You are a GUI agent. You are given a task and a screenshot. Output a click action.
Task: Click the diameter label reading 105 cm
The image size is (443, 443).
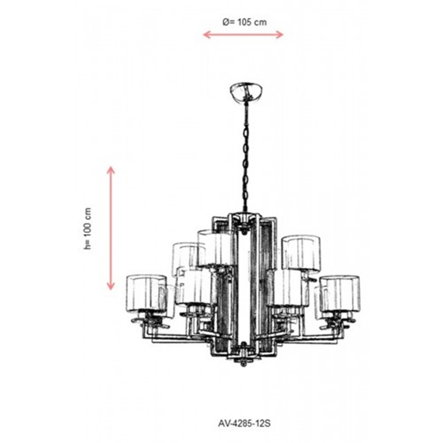pyautogui.click(x=252, y=22)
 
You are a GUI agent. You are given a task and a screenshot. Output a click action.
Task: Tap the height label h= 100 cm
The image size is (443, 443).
pyautogui.click(x=88, y=229)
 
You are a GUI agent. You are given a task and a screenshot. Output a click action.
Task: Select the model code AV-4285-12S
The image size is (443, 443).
pyautogui.click(x=244, y=423)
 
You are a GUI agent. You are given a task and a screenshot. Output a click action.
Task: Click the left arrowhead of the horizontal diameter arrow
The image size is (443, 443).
pyautogui.click(x=206, y=35)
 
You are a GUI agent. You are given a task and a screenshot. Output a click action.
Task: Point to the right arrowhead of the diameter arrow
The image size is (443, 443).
pyautogui.click(x=280, y=35)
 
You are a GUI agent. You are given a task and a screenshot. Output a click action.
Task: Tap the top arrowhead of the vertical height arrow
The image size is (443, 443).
pyautogui.click(x=111, y=169)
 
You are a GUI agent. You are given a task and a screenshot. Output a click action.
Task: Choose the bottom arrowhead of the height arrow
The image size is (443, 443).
pyautogui.click(x=111, y=287)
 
